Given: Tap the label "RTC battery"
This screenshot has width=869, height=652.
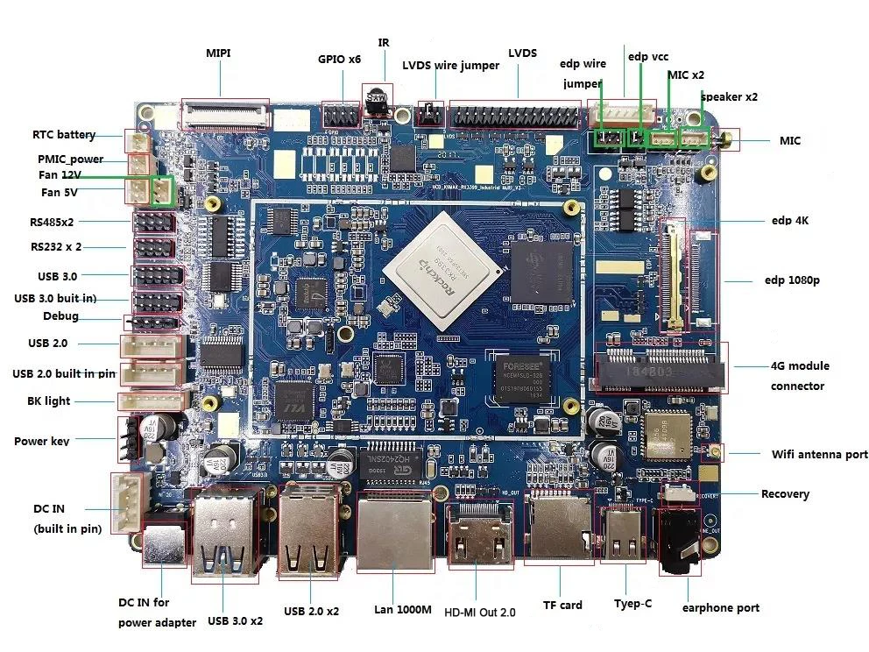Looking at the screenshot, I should click(x=64, y=135).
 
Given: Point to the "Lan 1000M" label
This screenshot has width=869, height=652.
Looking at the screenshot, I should click(x=402, y=609).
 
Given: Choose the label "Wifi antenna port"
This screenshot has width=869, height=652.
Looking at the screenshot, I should click(x=819, y=454).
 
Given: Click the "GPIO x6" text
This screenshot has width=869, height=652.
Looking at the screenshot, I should click(x=339, y=60).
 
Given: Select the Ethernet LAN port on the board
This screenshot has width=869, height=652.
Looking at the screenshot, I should click(x=396, y=530).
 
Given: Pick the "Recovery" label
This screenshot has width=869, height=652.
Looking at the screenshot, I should click(x=785, y=493).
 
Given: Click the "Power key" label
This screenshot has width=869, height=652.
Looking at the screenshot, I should click(x=42, y=441).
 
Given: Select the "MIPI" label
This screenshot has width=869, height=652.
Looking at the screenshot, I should click(x=218, y=53).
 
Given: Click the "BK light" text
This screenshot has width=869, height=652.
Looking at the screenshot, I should click(x=48, y=401).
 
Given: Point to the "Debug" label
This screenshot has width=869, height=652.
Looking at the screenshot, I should click(x=60, y=316).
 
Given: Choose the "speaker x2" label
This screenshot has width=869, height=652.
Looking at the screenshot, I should click(x=729, y=97).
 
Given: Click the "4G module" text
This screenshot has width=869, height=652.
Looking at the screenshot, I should click(x=799, y=365).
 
